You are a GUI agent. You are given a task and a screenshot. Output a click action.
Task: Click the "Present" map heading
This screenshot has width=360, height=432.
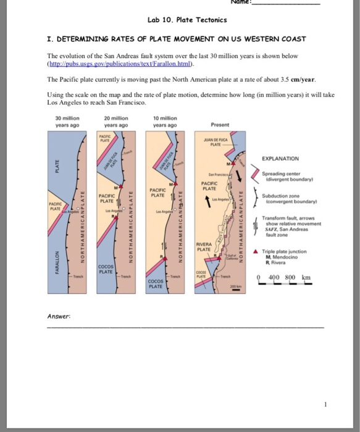(220, 125)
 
